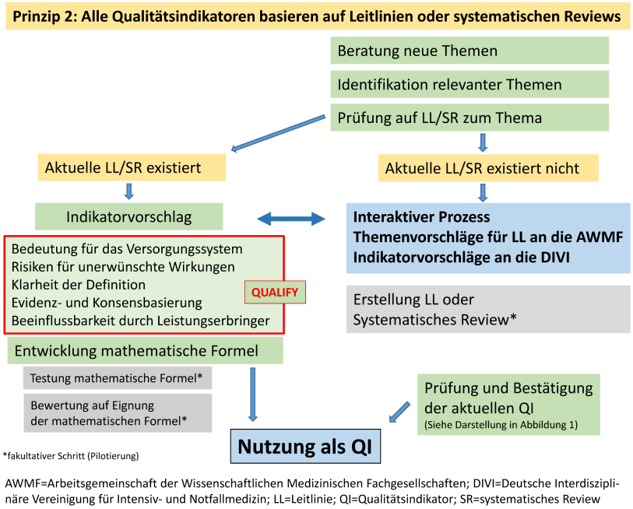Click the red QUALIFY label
[x=275, y=292]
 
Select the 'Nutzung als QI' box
[x=305, y=446]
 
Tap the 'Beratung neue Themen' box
[x=469, y=51]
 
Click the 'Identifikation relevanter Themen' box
[x=469, y=84]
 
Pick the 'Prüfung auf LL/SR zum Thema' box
[x=469, y=118]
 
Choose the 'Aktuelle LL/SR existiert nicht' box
[x=488, y=168]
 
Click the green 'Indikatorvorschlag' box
[x=128, y=217]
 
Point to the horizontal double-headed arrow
[x=291, y=219]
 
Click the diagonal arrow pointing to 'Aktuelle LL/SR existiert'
[x=278, y=133]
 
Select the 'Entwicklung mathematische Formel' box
[x=145, y=351]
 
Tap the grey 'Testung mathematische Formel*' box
[x=118, y=377]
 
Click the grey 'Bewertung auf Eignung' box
[x=118, y=413]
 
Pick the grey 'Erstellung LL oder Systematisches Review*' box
[x=488, y=309]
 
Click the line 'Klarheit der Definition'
[x=79, y=285]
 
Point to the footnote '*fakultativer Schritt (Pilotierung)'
[x=71, y=456]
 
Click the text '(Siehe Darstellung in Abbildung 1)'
[x=501, y=425]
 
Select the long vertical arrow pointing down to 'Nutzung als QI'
[x=253, y=395]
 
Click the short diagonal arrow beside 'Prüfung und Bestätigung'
[x=399, y=412]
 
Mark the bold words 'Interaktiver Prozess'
[x=421, y=217]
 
